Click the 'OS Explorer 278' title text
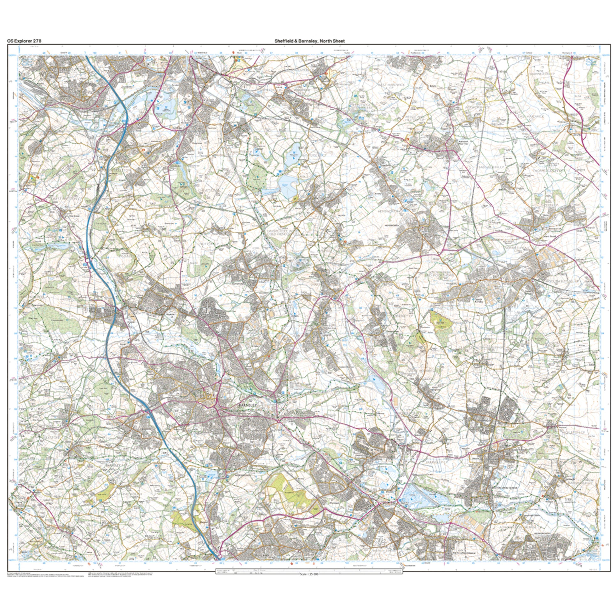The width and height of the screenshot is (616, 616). coord(24,41)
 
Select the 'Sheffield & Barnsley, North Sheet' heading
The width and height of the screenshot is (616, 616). coord(310,41)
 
